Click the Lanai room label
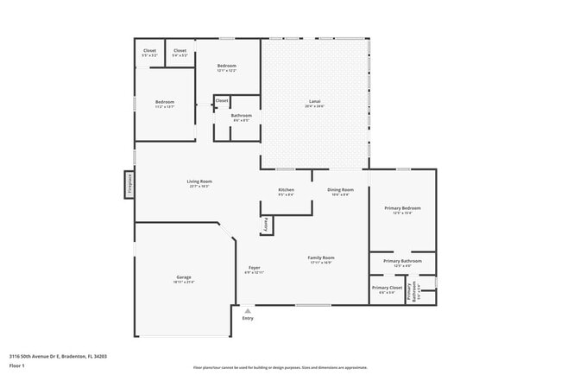point(315,102)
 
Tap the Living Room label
point(199,181)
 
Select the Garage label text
point(184,277)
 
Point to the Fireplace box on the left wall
point(128,184)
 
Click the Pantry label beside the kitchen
point(264,224)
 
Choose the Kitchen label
point(286,189)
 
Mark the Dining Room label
point(340,189)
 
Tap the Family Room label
point(321,257)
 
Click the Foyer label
point(255,268)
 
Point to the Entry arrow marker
point(248,310)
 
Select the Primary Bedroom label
point(402,208)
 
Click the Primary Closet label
point(387,288)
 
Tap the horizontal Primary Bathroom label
point(402,261)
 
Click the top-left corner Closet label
point(149,51)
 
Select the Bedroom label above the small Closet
point(226,67)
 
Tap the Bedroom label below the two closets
point(165,103)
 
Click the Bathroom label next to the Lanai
point(241,116)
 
